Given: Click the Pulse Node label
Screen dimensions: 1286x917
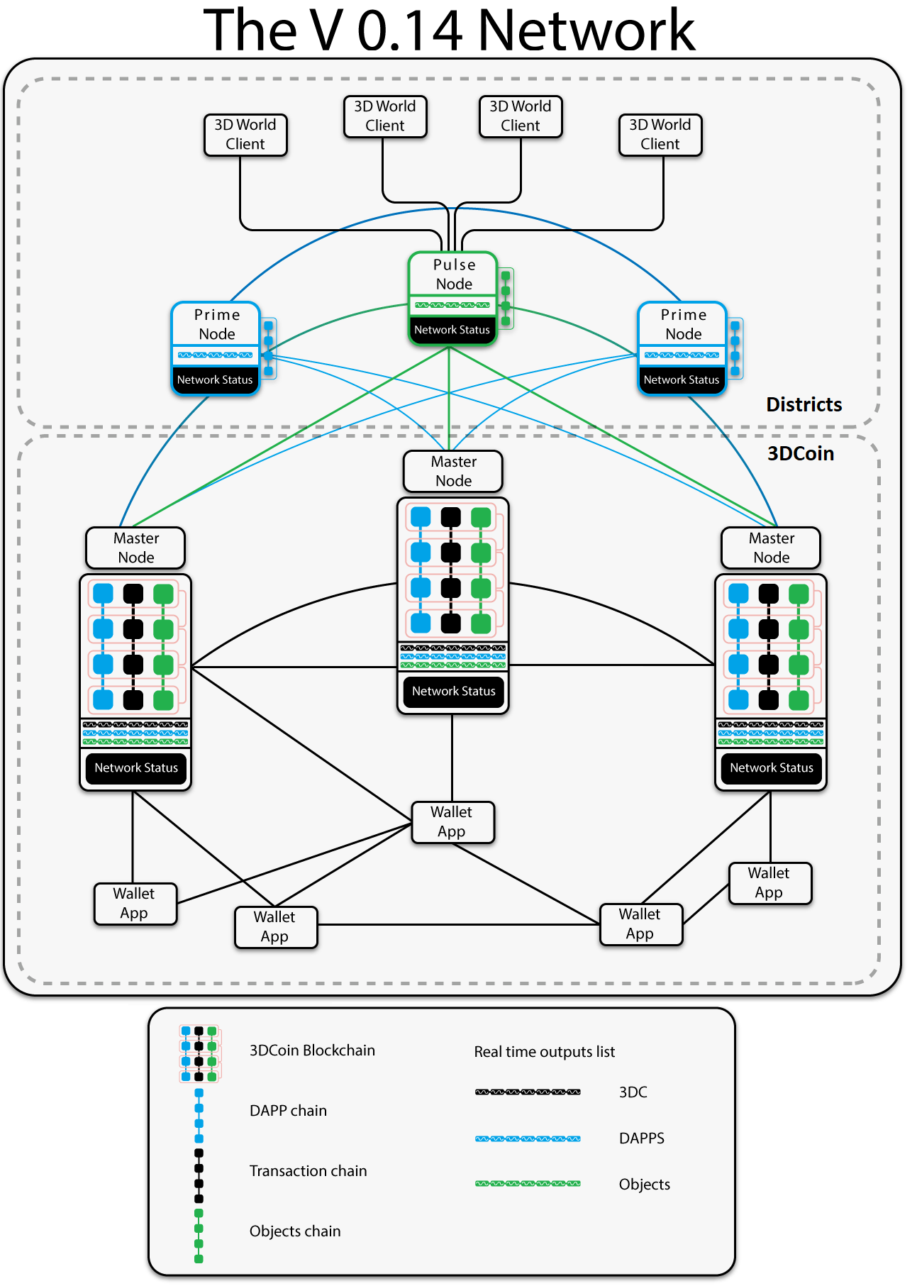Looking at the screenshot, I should [x=454, y=275].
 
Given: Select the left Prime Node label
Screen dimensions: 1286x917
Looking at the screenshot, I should [x=217, y=324].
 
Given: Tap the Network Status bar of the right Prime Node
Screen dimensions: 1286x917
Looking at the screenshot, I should [x=682, y=380].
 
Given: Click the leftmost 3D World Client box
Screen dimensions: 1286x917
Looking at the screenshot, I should [x=245, y=134].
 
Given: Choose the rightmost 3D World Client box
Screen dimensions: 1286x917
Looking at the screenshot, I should [x=660, y=134].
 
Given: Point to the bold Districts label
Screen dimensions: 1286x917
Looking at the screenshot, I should [x=804, y=404].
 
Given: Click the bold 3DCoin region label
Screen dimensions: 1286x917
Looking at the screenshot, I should [x=801, y=454].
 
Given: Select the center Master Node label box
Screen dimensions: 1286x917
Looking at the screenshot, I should [x=454, y=472].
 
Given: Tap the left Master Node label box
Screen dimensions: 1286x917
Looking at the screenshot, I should [x=136, y=548].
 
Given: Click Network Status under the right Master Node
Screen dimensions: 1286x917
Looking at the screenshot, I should [x=772, y=767].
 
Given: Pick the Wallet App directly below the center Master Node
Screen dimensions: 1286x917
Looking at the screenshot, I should [x=452, y=822].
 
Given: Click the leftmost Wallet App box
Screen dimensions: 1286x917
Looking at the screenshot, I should [x=134, y=904].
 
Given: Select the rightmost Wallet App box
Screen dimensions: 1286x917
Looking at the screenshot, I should [x=769, y=883].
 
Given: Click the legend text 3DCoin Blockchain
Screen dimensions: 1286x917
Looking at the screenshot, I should [x=312, y=1051].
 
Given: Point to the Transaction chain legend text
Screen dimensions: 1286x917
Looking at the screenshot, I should [x=308, y=1171].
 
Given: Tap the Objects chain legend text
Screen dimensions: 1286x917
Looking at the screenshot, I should [x=295, y=1231].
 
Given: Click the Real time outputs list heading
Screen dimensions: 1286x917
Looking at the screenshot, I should [x=544, y=1052].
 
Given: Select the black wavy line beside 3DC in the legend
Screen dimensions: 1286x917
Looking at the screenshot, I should [x=528, y=1092].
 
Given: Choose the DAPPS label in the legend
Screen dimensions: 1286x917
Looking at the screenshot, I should [x=641, y=1138].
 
